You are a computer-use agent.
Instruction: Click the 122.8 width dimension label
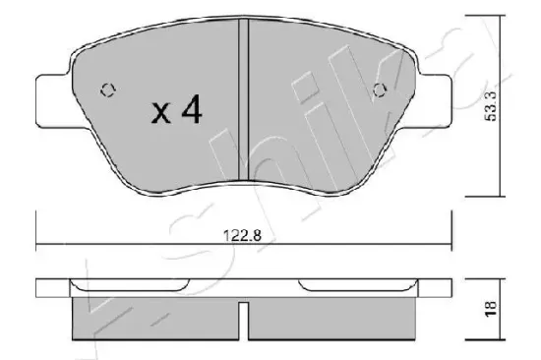click(243, 236)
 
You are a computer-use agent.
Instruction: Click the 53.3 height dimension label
click(490, 105)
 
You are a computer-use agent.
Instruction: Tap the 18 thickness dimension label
click(490, 308)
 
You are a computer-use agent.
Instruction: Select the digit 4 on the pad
click(192, 109)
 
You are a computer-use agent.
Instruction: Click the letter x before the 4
click(160, 114)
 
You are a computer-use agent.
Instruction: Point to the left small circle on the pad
click(108, 90)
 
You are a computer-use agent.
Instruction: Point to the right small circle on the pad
click(380, 90)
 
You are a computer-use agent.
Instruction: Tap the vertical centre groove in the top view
click(244, 99)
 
